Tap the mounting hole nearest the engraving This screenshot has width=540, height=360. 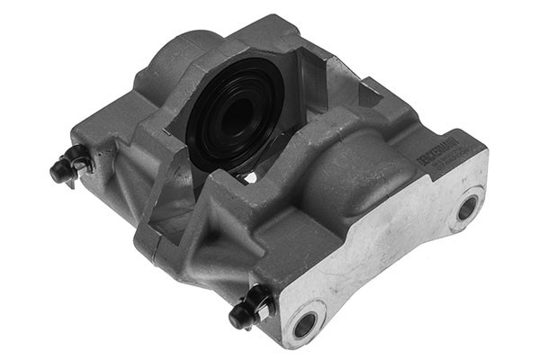[467, 208]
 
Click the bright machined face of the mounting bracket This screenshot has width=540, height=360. [387, 261]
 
